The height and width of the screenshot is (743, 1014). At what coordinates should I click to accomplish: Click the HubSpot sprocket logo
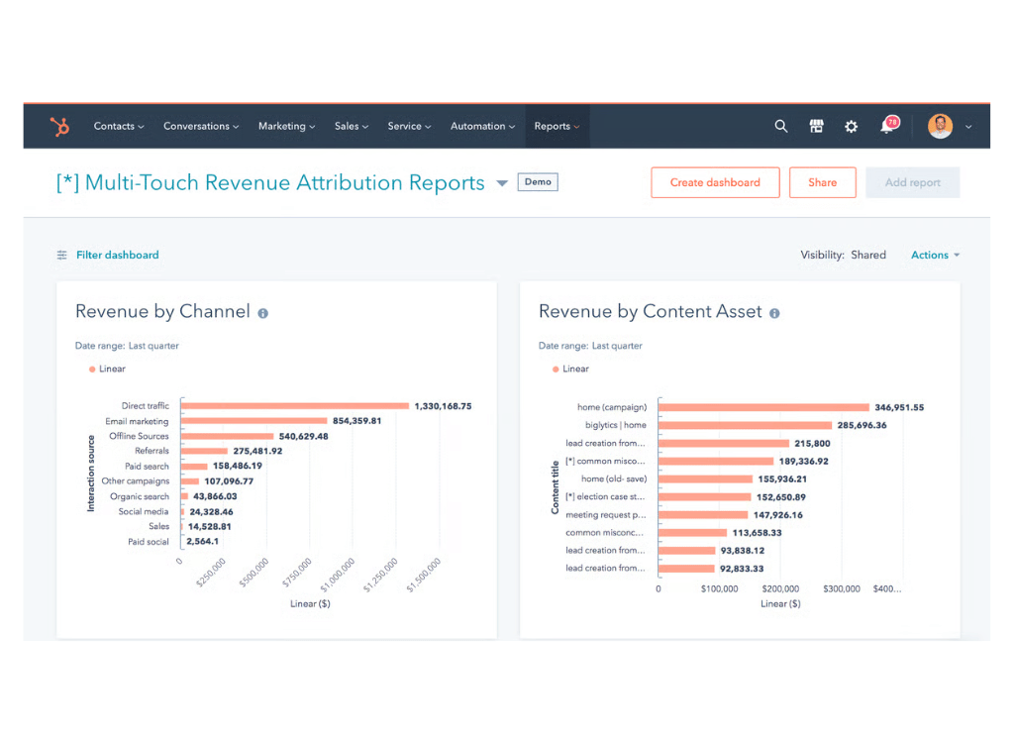coord(60,127)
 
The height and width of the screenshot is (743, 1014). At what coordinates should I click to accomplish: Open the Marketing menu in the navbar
coord(286,127)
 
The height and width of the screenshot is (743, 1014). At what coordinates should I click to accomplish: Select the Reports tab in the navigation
coord(557,127)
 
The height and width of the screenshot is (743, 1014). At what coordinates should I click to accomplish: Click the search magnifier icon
coord(781,127)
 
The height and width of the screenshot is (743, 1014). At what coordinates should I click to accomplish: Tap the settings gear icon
coord(851,127)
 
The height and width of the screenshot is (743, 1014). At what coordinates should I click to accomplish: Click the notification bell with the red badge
coord(887,127)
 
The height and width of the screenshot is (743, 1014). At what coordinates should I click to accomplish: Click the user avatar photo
coord(940,126)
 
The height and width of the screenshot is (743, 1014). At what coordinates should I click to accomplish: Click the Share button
coord(822,183)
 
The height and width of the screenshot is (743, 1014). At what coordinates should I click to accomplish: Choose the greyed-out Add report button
coord(912,183)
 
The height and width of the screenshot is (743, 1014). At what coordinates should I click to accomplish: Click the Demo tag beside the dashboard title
coord(538,182)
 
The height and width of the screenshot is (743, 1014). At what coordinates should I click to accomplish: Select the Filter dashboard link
coord(117,256)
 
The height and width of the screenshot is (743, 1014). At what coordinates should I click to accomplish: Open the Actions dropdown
coord(935,256)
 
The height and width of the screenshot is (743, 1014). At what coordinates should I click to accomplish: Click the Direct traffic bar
coord(294,406)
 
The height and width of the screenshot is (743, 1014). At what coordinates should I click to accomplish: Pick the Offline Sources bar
coord(227,436)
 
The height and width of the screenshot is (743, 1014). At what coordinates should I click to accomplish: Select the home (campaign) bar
coord(763,407)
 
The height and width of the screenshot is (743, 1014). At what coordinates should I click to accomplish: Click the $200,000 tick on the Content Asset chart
coord(780,588)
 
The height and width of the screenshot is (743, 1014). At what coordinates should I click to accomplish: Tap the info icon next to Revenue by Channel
coord(263,313)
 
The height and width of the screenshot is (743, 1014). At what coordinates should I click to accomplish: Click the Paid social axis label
coord(149,542)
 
